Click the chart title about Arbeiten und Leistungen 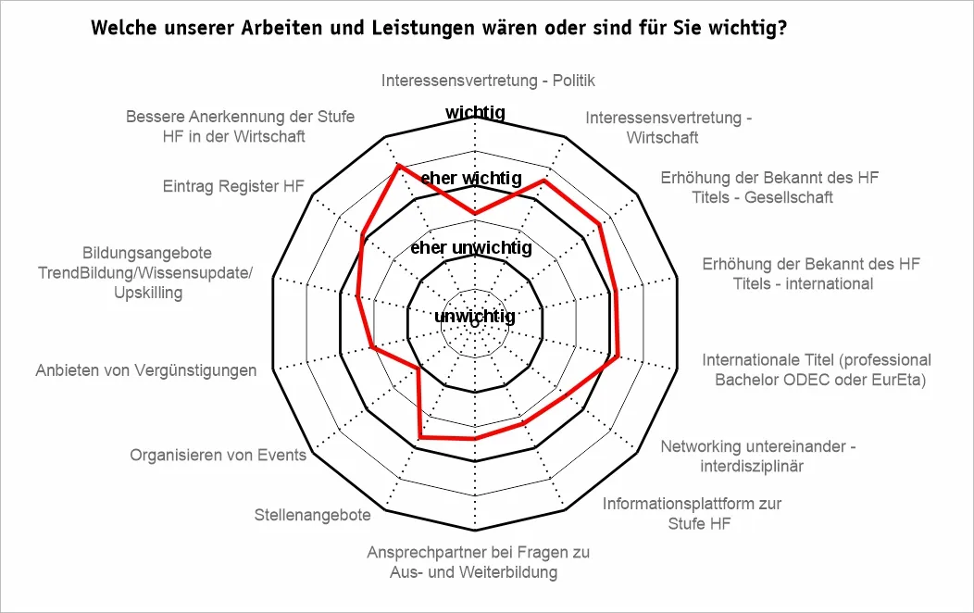coord(439,28)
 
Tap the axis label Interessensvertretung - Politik coord(487,81)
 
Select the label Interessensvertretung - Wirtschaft coord(668,128)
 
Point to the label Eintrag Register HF coord(233,186)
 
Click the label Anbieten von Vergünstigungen coord(146,370)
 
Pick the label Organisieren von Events coord(218,455)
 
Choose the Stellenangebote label coord(313,515)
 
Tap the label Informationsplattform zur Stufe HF coord(692,514)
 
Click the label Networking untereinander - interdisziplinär coord(757,457)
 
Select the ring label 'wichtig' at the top coord(475,113)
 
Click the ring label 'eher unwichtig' coord(470,248)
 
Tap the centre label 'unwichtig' coord(474,317)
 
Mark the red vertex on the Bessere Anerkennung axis coord(398,166)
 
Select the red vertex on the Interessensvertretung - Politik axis coord(475,213)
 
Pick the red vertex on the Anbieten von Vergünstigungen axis coord(371,347)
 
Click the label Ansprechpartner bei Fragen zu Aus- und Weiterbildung coord(478,562)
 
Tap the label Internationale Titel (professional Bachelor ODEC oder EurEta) coord(817,369)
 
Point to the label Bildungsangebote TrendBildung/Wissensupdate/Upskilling coord(148,272)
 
